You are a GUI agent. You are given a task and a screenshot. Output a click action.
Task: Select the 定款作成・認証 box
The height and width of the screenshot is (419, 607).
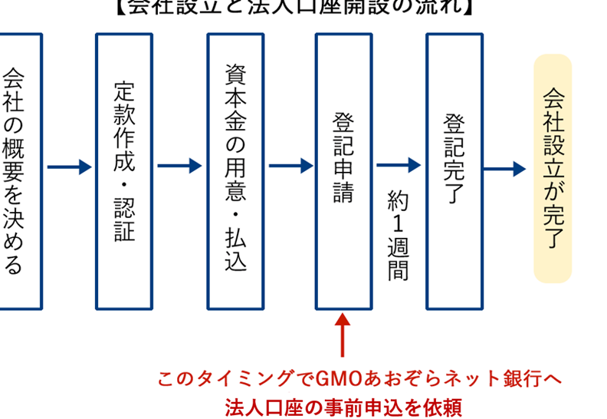coord(124,170)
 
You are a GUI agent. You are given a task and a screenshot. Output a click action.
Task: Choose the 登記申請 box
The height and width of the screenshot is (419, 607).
coord(343,170)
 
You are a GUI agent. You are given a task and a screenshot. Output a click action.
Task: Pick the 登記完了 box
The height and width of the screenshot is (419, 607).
coord(454,170)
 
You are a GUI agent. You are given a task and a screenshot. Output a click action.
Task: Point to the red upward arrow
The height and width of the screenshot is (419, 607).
coord(343,338)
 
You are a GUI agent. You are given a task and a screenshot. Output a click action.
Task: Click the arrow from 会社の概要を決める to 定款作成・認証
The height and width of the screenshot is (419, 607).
coord(69,166)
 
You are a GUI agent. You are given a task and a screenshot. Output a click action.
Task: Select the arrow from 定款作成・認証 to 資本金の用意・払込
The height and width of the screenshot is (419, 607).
coord(179,166)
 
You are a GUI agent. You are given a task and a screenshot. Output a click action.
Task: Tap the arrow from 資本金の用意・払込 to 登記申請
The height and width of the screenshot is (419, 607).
coord(290,166)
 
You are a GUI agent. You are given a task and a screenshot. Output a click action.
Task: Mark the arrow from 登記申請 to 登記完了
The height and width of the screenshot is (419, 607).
coord(399,164)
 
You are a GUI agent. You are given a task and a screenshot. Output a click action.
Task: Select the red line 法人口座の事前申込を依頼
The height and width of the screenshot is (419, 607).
coord(344,405)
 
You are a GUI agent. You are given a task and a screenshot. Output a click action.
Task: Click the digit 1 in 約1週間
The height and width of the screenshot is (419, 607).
coord(398,227)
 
